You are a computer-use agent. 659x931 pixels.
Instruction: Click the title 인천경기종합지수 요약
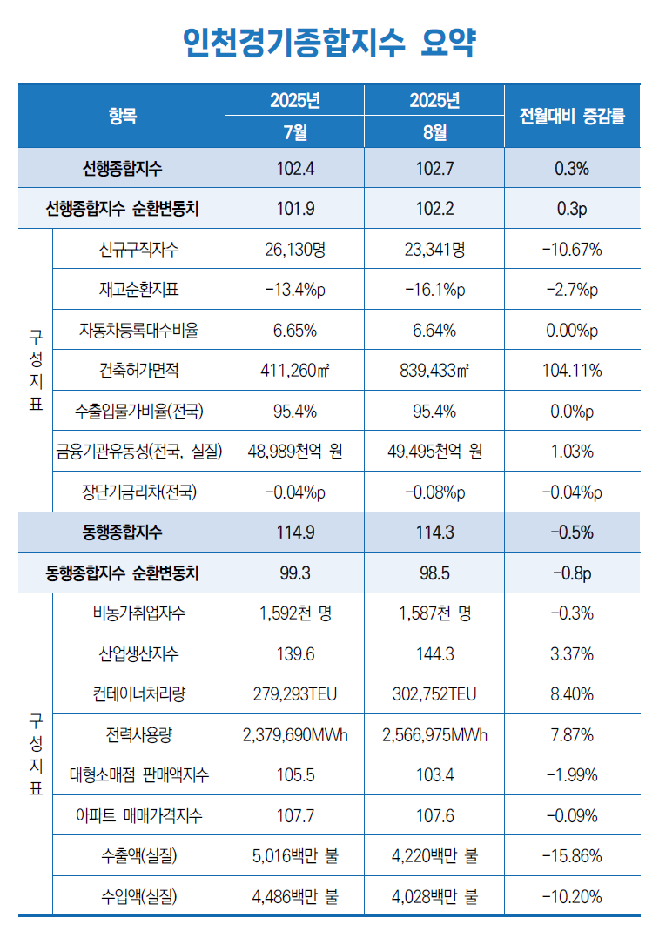[x=329, y=42]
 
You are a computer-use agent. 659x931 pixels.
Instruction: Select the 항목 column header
[x=122, y=116]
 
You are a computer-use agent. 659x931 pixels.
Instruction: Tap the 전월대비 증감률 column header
[x=571, y=116]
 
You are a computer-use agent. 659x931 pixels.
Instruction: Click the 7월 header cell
[x=295, y=132]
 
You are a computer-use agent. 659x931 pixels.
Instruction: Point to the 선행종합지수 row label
[x=122, y=169]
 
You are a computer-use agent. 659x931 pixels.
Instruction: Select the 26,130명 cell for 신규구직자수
[x=295, y=251]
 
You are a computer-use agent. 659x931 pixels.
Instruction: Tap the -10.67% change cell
[x=571, y=251]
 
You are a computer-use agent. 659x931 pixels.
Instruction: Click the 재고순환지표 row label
[x=139, y=291]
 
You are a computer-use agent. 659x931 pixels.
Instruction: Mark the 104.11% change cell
[x=571, y=371]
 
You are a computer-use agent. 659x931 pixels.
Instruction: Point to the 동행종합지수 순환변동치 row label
[x=122, y=573]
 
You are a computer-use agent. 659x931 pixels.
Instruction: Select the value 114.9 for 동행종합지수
[x=295, y=532]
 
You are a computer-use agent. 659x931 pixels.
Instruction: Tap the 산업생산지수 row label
[x=139, y=653]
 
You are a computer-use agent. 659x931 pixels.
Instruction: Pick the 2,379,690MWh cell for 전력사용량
[x=295, y=735]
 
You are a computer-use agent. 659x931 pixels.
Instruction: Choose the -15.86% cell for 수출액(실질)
[x=571, y=856]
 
